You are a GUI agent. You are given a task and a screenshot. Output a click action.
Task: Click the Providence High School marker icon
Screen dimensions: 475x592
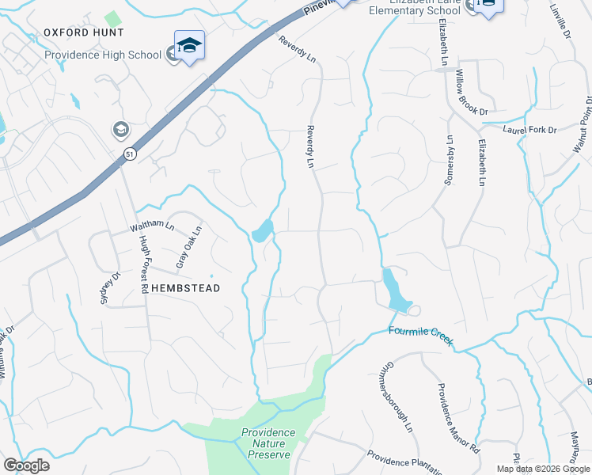190,47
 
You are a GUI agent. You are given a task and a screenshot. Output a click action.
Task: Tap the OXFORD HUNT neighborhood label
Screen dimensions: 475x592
83,32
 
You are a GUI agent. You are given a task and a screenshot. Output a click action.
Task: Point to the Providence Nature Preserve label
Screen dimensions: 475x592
268,443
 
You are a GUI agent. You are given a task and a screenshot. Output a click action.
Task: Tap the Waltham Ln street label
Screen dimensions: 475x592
152,227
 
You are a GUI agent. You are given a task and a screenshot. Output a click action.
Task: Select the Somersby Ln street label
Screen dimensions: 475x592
449,161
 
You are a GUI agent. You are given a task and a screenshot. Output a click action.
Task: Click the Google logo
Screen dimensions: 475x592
26,465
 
